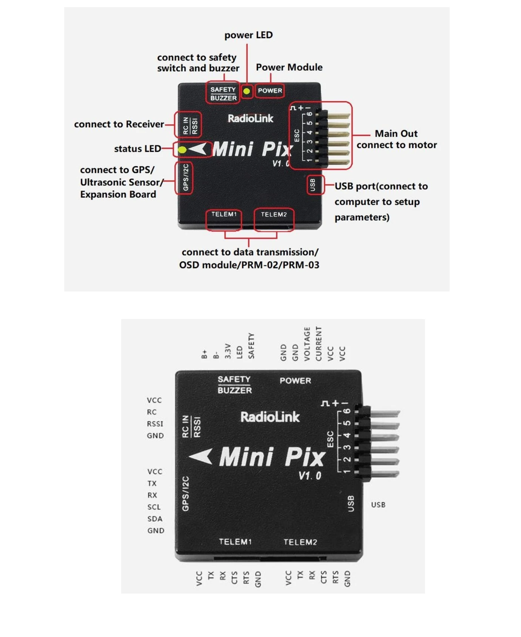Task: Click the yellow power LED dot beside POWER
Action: click(247, 91)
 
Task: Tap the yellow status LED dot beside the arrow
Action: click(182, 150)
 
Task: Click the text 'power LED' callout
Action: click(248, 35)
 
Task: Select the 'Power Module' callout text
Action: click(289, 67)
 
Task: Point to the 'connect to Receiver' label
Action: click(119, 124)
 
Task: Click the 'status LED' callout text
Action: click(137, 149)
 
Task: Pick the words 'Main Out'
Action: click(396, 134)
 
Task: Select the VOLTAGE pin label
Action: click(307, 344)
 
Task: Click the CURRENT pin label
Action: click(319, 344)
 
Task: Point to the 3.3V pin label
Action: click(228, 351)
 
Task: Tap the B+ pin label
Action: click(204, 354)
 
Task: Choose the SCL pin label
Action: click(154, 507)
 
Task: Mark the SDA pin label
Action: click(155, 519)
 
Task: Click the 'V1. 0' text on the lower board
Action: click(310, 476)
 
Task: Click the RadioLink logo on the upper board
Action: click(250, 119)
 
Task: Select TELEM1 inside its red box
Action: click(224, 214)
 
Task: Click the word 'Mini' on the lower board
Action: click(246, 457)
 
